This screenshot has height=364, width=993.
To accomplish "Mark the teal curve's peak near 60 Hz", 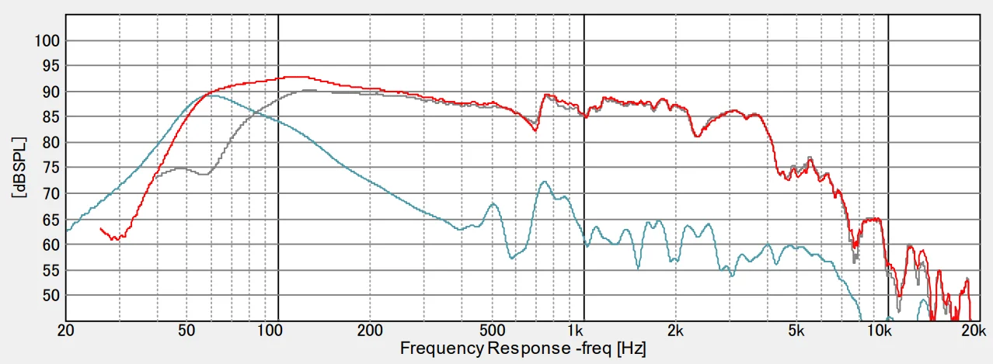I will (x=211, y=95).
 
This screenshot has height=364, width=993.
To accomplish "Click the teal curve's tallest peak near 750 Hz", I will (x=544, y=182).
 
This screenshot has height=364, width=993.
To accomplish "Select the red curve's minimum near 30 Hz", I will (x=115, y=239).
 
